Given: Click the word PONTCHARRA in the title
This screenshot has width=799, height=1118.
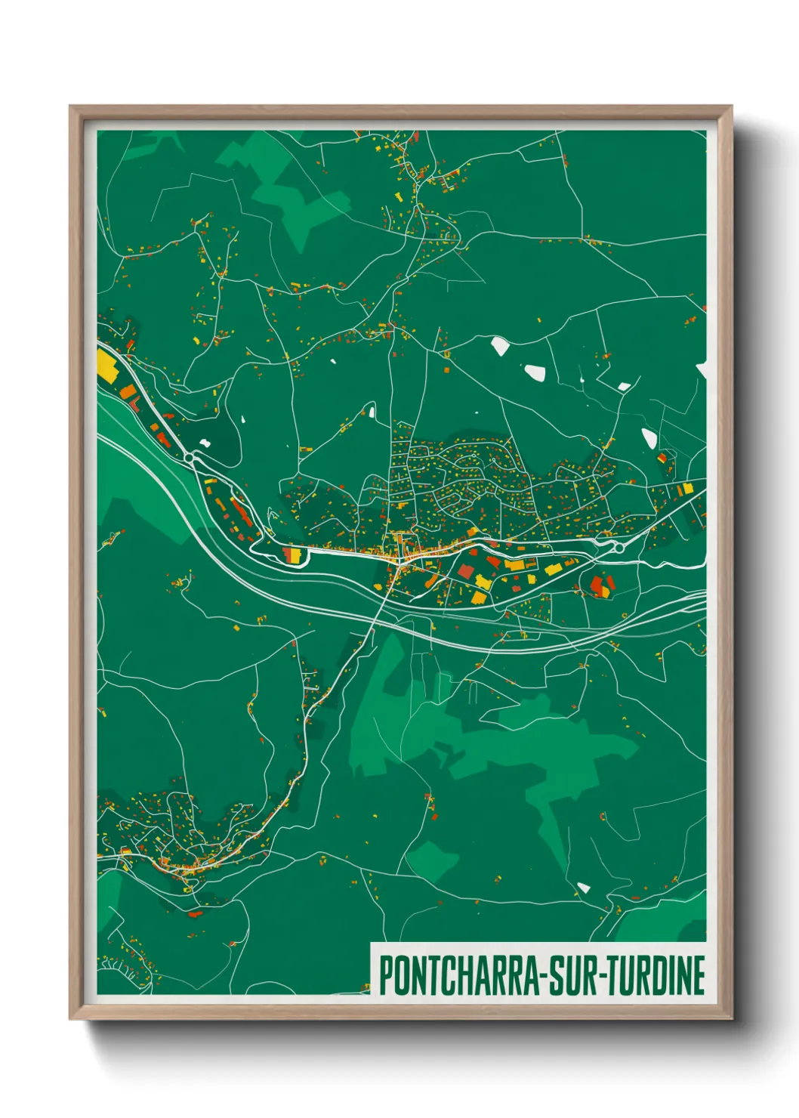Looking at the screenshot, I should pyautogui.click(x=458, y=976).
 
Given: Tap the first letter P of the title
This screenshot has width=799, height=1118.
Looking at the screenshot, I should pyautogui.click(x=385, y=976).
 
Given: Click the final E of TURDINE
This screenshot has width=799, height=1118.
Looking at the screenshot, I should pyautogui.click(x=699, y=976).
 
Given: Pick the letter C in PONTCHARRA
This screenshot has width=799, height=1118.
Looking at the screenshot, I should pyautogui.click(x=443, y=976).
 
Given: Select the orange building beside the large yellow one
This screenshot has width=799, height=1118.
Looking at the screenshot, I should pyautogui.click(x=128, y=392).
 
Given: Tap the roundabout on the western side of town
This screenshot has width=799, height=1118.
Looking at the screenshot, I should pyautogui.click(x=190, y=457).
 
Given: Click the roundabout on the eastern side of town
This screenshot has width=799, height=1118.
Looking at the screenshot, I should pyautogui.click(x=618, y=547).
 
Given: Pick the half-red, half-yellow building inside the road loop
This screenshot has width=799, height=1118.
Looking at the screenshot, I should pyautogui.click(x=292, y=554).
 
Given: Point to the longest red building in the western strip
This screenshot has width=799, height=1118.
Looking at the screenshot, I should pyautogui.click(x=241, y=511).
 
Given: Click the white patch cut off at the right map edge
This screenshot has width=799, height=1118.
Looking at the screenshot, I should pyautogui.click(x=702, y=370).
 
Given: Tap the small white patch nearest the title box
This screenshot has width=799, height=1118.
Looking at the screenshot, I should pyautogui.click(x=583, y=887).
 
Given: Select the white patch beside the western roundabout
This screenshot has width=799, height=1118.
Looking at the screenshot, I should pyautogui.click(x=204, y=440).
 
